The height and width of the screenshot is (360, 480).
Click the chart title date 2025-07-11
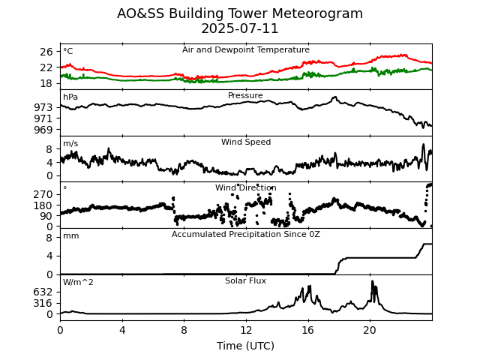point(240,29)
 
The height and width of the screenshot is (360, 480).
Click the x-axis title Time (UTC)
point(246,346)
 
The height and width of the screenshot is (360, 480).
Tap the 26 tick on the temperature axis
point(46,52)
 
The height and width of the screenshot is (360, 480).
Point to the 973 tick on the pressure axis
point(43,107)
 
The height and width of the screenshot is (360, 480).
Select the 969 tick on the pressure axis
point(43,129)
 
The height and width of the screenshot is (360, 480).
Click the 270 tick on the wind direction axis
point(43,194)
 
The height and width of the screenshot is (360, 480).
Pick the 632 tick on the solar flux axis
point(43,292)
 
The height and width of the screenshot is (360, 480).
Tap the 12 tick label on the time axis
point(246,330)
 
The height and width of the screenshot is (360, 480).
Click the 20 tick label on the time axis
point(370,330)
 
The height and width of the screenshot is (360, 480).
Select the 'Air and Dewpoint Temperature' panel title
point(246,50)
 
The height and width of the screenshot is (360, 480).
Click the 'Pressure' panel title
point(246,96)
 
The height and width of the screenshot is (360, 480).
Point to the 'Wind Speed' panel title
point(246,142)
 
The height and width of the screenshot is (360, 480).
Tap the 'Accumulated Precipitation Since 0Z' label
point(246,235)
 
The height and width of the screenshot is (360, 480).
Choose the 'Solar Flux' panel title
point(246,281)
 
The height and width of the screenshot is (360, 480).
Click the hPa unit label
point(70,97)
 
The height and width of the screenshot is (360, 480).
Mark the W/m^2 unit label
point(79,283)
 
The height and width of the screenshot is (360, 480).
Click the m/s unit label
point(70,144)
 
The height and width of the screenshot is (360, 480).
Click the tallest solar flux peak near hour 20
point(372,281)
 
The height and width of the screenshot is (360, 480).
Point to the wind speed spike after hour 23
point(423,145)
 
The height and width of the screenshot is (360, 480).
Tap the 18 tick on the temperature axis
point(46,83)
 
